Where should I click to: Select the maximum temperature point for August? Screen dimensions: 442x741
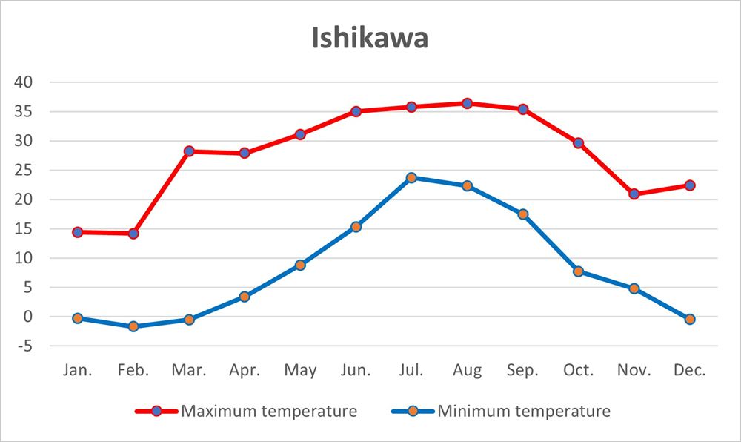point(467,103)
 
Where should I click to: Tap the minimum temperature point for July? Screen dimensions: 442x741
point(411,177)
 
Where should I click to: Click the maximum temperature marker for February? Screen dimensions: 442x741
point(133,234)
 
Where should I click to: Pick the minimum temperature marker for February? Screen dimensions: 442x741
point(133,326)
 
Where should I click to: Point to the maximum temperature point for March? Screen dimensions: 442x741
point(189,151)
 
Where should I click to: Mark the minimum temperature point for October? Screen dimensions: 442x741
point(578,271)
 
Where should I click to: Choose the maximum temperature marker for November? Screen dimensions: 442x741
point(634,194)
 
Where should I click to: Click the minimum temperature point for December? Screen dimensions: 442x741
point(690,319)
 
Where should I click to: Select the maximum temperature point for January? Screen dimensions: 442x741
point(77,232)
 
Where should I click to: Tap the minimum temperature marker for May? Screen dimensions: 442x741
point(300,265)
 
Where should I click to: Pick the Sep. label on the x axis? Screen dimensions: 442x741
point(522,371)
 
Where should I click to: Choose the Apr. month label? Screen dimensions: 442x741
point(244,371)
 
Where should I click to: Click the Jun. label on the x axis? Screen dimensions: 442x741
point(356,371)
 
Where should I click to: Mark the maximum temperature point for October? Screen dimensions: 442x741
point(578,142)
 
